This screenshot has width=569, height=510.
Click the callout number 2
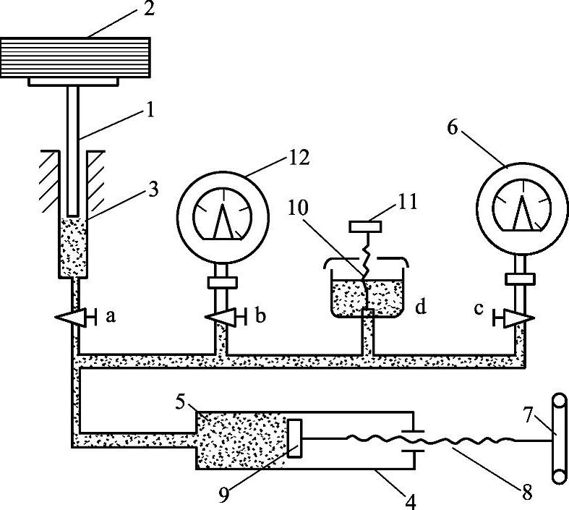click(149, 9)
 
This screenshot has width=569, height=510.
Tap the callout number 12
click(299, 158)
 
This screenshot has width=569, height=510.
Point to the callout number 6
click(452, 128)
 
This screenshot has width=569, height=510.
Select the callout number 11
click(408, 202)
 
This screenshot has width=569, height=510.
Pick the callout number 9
click(224, 495)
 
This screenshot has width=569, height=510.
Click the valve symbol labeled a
click(75, 318)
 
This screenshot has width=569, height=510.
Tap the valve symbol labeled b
click(226, 317)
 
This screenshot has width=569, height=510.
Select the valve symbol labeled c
click(513, 318)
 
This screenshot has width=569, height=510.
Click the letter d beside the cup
click(421, 307)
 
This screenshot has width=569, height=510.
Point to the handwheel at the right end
click(559, 438)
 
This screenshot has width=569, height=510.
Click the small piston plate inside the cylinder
click(294, 438)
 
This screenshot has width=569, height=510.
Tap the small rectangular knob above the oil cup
click(365, 226)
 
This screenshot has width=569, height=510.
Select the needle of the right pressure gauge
click(522, 213)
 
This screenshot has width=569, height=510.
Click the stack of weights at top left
click(75, 57)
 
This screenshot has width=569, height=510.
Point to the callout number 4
click(410, 501)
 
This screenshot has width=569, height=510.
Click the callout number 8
click(527, 493)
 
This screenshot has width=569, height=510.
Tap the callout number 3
click(153, 190)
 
